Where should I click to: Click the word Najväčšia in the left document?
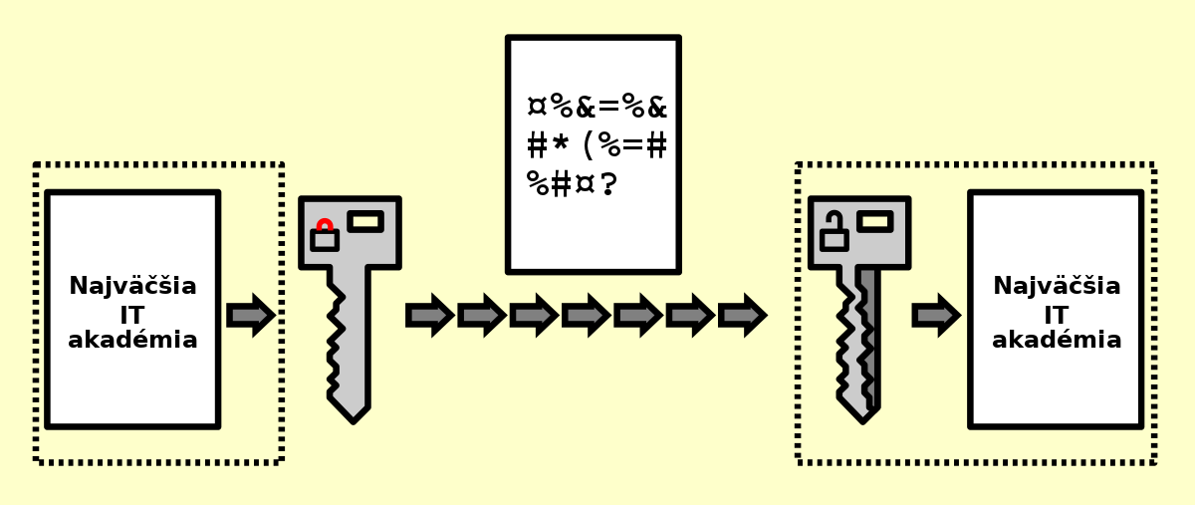click(x=132, y=286)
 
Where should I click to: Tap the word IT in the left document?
click(x=132, y=316)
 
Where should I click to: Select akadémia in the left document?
click(x=132, y=340)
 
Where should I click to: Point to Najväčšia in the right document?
click(x=1057, y=286)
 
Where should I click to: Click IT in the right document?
click(x=1057, y=316)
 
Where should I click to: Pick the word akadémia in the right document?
click(x=1057, y=340)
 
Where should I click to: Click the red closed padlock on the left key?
click(x=325, y=235)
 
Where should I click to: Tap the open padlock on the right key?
click(x=834, y=231)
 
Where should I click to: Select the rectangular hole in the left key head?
click(x=365, y=221)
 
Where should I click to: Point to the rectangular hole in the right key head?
click(x=875, y=221)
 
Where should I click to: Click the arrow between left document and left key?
click(x=251, y=315)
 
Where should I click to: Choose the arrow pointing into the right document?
click(x=937, y=315)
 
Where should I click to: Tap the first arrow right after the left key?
click(x=430, y=315)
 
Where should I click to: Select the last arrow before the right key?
click(x=743, y=315)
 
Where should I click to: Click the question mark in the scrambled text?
click(x=608, y=183)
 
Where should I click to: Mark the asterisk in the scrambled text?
click(x=561, y=143)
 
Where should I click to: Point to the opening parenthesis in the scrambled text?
click(x=588, y=145)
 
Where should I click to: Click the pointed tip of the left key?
click(x=354, y=422)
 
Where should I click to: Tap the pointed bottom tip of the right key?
click(x=862, y=422)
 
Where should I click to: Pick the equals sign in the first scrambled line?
click(x=609, y=107)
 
